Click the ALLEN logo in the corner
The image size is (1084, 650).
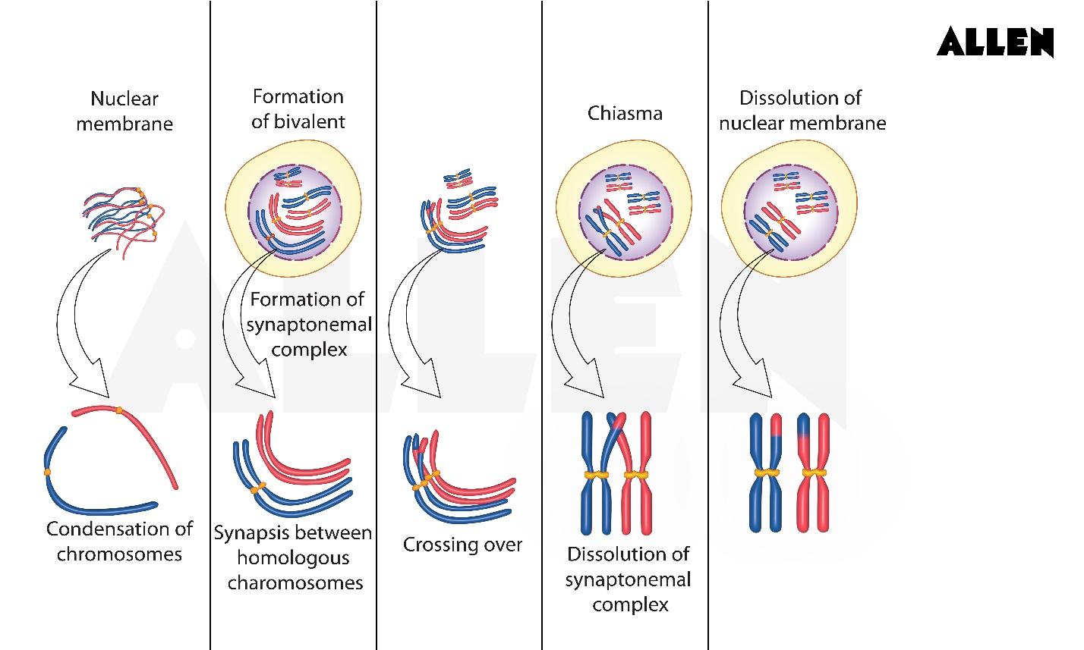pyautogui.click(x=995, y=42)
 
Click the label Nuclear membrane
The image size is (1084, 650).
pyautogui.click(x=124, y=111)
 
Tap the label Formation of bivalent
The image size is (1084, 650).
pyautogui.click(x=298, y=108)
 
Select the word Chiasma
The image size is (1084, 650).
pyautogui.click(x=625, y=114)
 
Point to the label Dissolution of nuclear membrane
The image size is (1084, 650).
pyautogui.click(x=802, y=110)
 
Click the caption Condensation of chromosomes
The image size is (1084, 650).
pyautogui.click(x=120, y=541)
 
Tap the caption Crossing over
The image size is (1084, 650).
pyautogui.click(x=462, y=545)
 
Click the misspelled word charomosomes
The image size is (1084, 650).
pyautogui.click(x=295, y=582)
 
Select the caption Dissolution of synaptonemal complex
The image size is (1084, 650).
pyautogui.click(x=628, y=579)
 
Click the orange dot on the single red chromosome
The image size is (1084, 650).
pyautogui.click(x=119, y=411)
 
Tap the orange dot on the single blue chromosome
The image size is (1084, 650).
pyautogui.click(x=47, y=472)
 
